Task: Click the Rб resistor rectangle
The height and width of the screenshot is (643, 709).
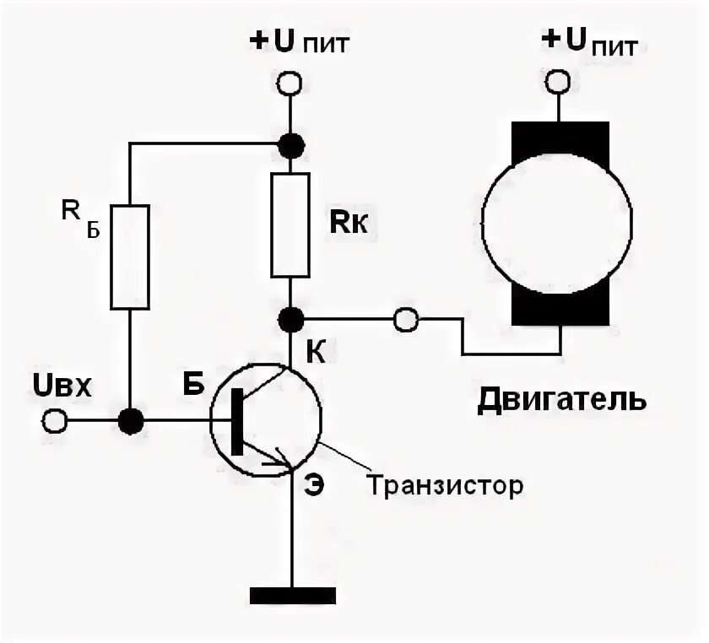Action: click(131, 256)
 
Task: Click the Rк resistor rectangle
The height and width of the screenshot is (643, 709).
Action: click(290, 226)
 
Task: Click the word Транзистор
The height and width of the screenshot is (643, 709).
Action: click(445, 486)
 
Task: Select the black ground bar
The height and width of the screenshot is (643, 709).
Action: click(291, 594)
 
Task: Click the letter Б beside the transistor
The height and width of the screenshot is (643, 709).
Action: click(193, 385)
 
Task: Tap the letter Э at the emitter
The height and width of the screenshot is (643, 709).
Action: click(313, 487)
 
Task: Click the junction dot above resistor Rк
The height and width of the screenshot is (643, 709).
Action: click(291, 145)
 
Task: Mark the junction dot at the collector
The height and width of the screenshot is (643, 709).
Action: click(291, 320)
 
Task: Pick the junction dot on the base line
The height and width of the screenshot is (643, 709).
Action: click(131, 419)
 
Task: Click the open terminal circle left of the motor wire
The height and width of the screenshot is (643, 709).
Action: click(406, 320)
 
